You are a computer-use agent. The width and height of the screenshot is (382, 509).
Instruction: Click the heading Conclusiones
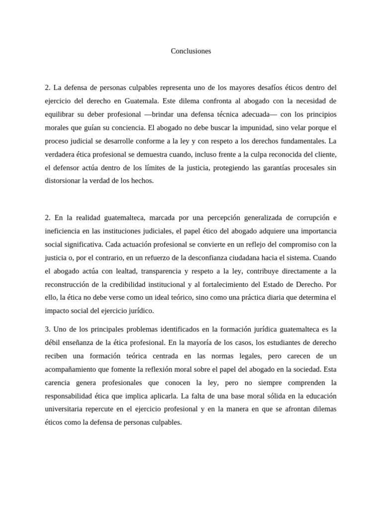point(191,51)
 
